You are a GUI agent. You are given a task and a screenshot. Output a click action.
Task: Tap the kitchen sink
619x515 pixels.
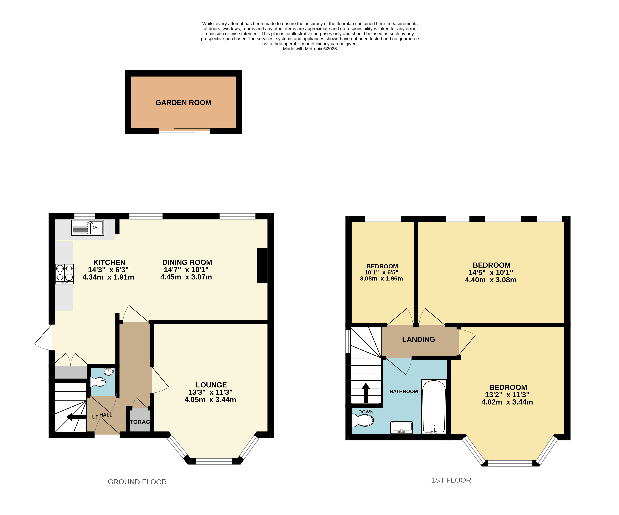[x=88, y=228]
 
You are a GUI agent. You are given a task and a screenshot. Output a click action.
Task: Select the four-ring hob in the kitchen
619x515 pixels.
[x=64, y=274]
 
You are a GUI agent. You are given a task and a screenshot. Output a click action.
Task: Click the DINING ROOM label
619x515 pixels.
[x=187, y=262]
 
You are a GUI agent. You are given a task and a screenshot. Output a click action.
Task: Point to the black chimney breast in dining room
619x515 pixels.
[x=262, y=265]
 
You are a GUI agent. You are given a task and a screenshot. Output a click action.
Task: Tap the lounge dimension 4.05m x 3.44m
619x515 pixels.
[x=210, y=400]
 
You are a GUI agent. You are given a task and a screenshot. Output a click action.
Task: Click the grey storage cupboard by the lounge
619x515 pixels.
[x=140, y=420]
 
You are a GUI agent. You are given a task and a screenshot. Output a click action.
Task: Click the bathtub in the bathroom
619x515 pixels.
[x=434, y=407]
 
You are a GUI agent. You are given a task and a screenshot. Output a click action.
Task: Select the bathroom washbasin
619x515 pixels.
[x=402, y=427]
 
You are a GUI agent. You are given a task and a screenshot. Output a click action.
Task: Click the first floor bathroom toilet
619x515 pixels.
[x=363, y=420]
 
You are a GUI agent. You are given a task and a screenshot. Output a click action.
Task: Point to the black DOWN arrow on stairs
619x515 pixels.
[x=366, y=392]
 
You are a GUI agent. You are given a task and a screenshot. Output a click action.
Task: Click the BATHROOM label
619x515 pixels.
[x=404, y=391]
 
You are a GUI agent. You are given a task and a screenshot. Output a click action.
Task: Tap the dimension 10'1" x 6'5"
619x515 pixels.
[x=381, y=272]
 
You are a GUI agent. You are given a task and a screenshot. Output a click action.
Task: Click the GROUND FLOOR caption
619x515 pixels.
[x=137, y=482]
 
